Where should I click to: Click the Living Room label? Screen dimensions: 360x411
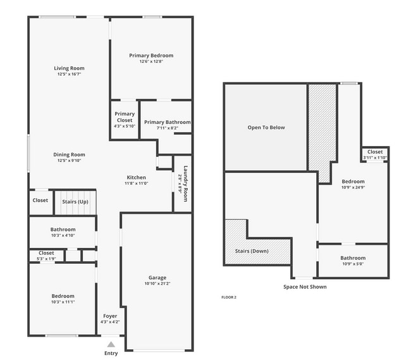(69, 68)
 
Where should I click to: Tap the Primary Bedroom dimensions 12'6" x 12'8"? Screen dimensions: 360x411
(151, 61)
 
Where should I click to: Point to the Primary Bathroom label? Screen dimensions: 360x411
(167, 122)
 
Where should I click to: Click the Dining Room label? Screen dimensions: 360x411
(69, 154)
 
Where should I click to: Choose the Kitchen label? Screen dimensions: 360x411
(137, 178)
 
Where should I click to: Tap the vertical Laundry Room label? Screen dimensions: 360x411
(184, 183)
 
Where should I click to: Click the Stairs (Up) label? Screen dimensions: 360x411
(75, 201)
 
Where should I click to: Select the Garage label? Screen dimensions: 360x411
(157, 278)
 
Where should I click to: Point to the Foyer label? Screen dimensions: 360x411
(110, 316)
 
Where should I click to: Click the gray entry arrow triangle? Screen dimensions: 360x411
(111, 344)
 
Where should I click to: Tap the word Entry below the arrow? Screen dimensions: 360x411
(111, 354)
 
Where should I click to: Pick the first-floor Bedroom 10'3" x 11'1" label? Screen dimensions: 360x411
(63, 296)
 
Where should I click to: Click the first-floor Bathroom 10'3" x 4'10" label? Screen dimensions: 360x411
(63, 230)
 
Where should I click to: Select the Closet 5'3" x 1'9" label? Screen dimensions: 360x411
(46, 253)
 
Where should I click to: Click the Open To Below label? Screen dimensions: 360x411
(266, 127)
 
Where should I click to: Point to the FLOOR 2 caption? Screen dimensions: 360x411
(229, 297)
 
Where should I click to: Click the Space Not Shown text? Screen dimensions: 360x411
(305, 287)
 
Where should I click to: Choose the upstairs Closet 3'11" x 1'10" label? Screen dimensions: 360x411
(375, 152)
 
